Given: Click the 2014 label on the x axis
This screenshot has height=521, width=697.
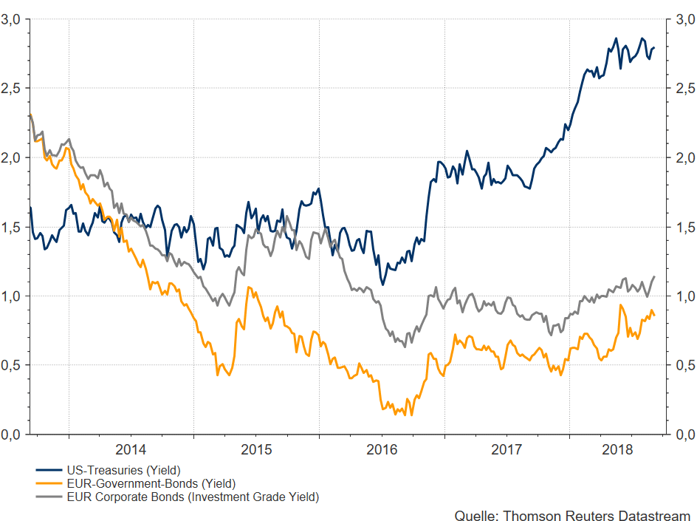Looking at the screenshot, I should coord(131,449).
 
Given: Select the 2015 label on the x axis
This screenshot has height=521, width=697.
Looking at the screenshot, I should coord(256,449).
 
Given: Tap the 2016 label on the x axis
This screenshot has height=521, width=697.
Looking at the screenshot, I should coord(382,449).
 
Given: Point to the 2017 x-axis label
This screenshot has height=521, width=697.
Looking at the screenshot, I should coord(507,449).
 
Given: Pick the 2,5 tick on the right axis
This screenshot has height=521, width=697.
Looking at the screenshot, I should coord(686,89).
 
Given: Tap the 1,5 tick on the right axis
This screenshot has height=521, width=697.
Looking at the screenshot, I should coord(686,228).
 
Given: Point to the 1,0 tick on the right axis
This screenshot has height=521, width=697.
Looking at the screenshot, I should coord(686,296).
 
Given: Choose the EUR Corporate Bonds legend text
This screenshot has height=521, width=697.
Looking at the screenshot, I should coord(193,497).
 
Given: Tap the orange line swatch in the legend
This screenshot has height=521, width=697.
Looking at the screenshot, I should coord(48,484).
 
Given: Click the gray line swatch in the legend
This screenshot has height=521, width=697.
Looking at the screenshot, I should coord(48,497).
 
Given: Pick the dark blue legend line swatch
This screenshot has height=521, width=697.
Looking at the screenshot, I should coord(48,470).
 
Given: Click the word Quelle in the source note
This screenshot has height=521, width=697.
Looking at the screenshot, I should coord(475,514).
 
